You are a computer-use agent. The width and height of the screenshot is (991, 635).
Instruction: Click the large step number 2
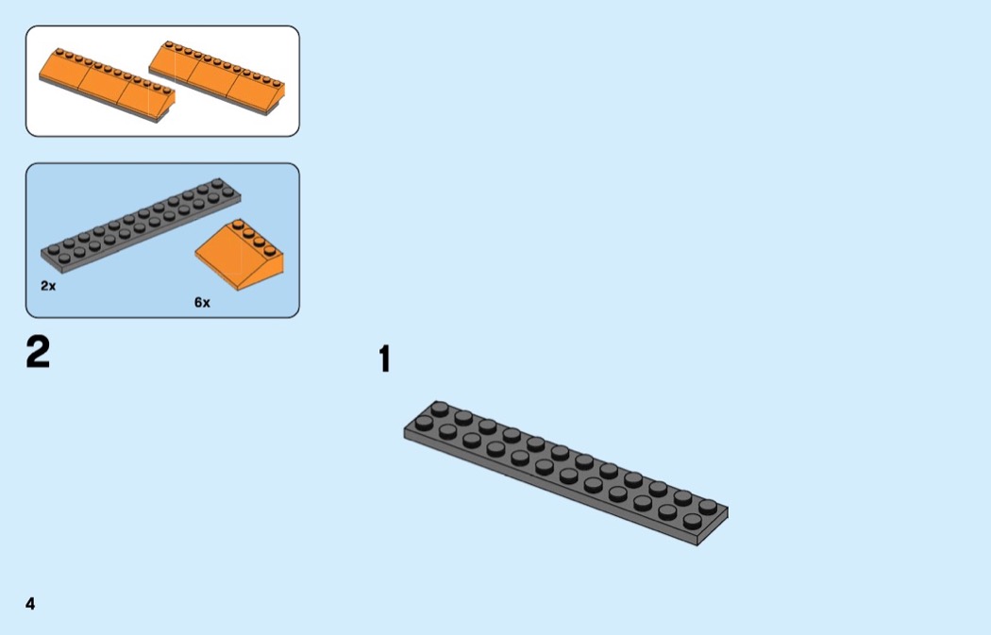point(38,353)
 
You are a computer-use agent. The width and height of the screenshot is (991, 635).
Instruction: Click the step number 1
point(384,359)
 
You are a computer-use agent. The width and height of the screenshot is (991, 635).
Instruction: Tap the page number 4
point(30,603)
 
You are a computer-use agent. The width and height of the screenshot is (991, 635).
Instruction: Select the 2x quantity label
point(48,284)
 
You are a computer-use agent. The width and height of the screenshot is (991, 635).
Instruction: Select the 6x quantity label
point(202,303)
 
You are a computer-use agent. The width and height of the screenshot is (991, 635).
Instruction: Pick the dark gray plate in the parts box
point(141,223)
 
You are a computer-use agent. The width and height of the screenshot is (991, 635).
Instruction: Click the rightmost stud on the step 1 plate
point(708,506)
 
